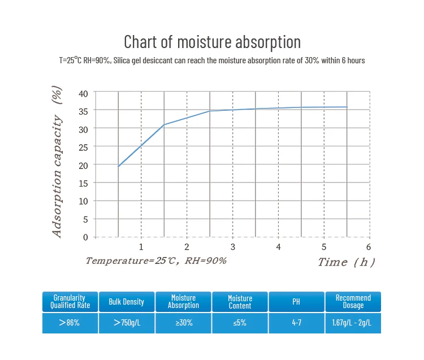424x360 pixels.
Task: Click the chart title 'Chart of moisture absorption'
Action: tap(212, 42)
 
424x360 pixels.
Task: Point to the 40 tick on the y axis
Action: tap(84, 93)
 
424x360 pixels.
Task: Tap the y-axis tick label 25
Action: tap(84, 147)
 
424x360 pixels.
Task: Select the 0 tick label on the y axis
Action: tap(86, 237)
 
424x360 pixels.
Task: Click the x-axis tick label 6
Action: tap(369, 247)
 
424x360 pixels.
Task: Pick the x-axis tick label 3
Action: tap(232, 247)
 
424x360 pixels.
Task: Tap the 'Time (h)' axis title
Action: tap(346, 262)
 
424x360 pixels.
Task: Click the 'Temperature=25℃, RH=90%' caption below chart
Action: tap(156, 261)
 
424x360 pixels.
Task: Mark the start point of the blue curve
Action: tap(118, 166)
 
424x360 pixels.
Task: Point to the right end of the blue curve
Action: tap(347, 107)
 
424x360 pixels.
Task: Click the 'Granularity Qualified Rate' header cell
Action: tap(70, 302)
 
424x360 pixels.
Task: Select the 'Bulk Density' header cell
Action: tap(127, 302)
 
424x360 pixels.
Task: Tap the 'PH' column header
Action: tap(296, 302)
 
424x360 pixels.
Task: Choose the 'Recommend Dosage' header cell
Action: tap(353, 302)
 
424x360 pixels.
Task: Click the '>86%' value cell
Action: tap(70, 323)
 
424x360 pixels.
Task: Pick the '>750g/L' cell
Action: tap(127, 323)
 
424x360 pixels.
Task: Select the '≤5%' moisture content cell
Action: tap(240, 323)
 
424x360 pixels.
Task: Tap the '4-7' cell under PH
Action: tap(296, 323)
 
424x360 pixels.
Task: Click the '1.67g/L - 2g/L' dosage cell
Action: tap(353, 323)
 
